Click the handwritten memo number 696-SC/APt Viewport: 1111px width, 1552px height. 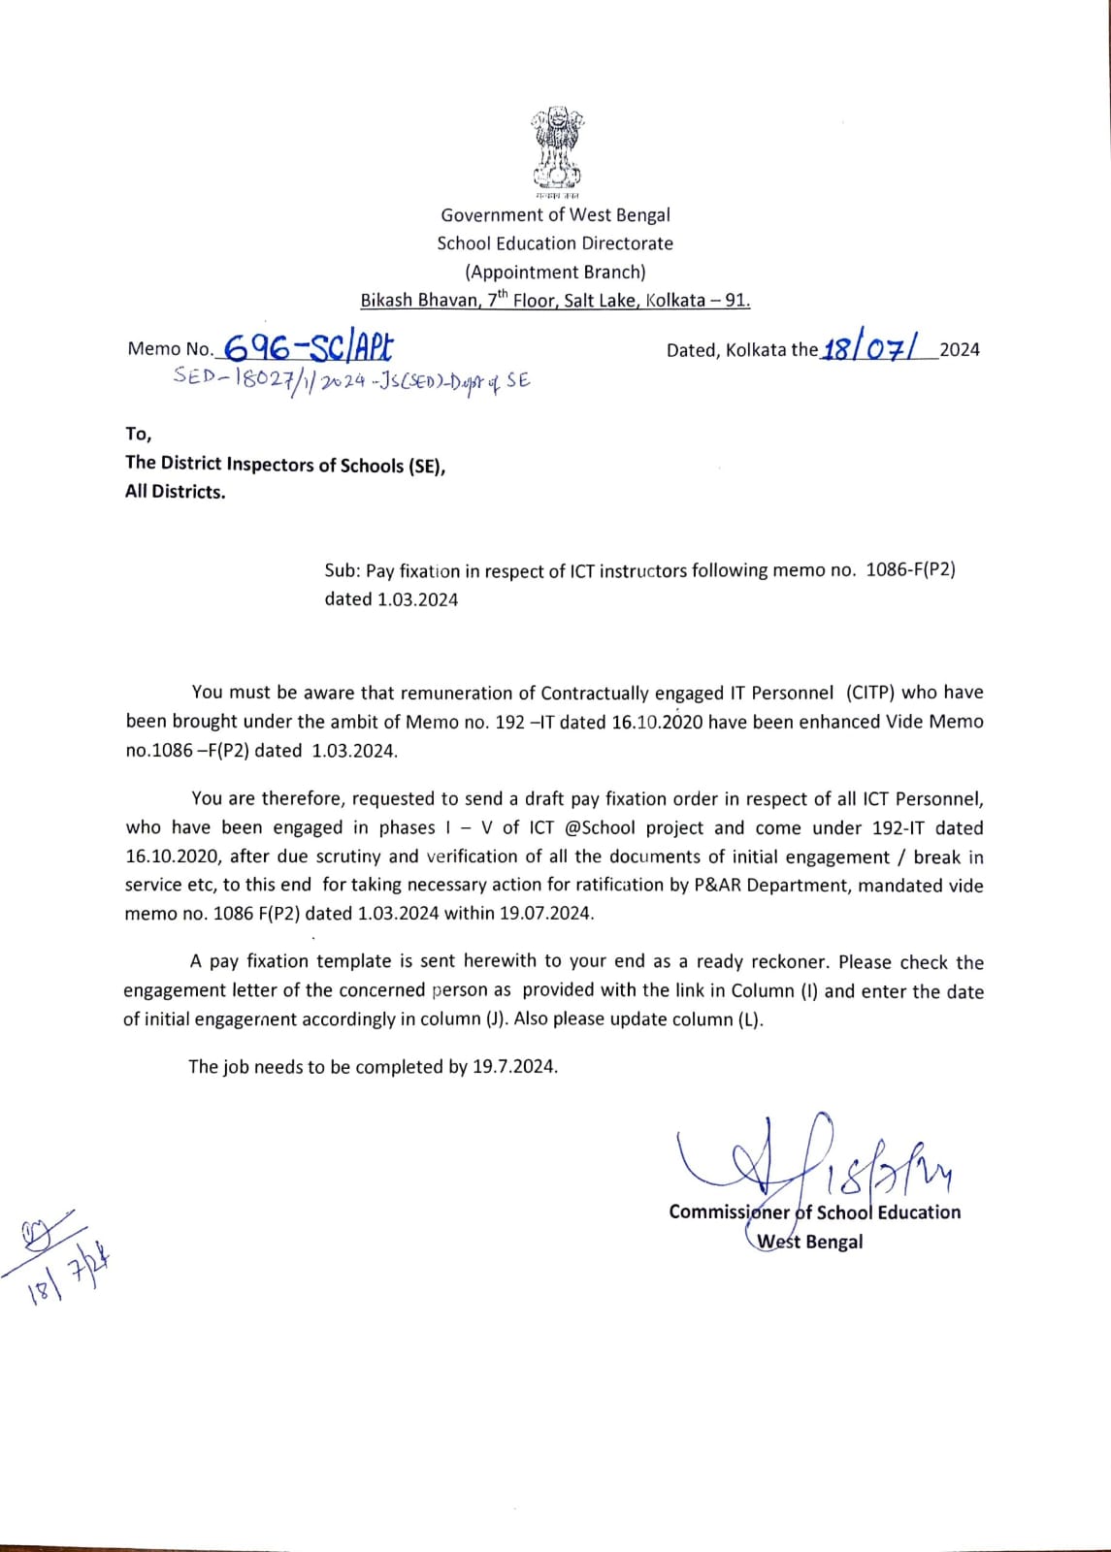(308, 346)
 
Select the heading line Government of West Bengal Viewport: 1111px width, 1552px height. (555, 214)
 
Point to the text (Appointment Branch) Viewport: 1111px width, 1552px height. (555, 272)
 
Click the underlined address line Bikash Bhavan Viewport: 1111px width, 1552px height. (555, 300)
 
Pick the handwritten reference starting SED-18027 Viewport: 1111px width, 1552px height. (351, 380)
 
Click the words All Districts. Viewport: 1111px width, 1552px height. (175, 492)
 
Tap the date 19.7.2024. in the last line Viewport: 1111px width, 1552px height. (515, 1066)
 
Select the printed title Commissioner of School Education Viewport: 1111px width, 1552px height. (814, 1212)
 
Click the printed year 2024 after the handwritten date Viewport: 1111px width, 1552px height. (960, 349)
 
